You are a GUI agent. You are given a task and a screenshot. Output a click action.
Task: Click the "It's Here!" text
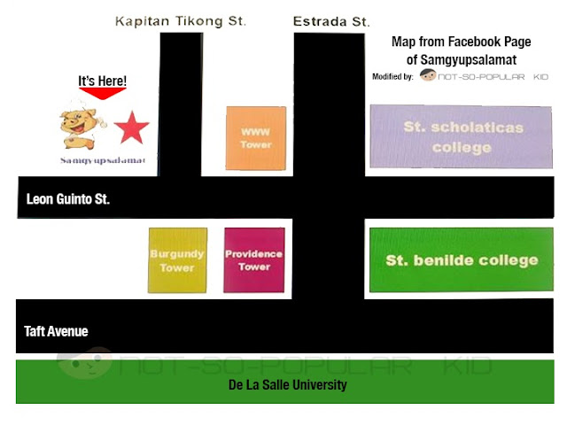coord(103,81)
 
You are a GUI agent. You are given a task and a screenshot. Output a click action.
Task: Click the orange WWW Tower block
coord(257,138)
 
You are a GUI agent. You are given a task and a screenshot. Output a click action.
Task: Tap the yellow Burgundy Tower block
coord(177,260)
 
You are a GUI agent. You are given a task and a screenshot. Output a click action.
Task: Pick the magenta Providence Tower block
coord(254,260)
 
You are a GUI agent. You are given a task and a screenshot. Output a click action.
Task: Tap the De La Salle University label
coord(288,385)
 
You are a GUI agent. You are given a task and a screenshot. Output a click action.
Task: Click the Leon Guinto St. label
coord(68,199)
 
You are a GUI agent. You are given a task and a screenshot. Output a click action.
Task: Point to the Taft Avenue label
coord(56,331)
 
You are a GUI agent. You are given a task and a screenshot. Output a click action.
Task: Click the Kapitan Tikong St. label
coord(182,20)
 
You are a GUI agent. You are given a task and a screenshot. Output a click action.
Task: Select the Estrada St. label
coord(330,20)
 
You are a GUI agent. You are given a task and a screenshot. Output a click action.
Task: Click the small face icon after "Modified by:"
coord(428,76)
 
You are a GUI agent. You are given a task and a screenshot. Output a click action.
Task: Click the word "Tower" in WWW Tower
coord(257,144)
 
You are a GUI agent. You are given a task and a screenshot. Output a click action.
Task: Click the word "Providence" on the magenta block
coord(254,254)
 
